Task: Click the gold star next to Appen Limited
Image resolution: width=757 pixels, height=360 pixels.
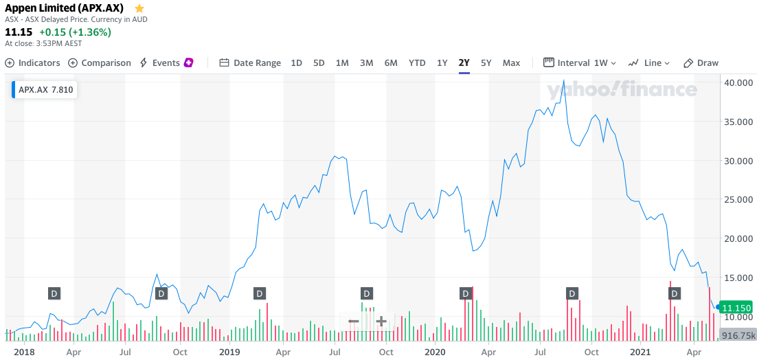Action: click(x=139, y=8)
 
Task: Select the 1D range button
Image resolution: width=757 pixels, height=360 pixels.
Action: click(x=296, y=63)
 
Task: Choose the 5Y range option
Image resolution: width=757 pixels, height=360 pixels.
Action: click(x=486, y=63)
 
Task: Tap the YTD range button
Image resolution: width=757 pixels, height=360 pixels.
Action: click(x=417, y=63)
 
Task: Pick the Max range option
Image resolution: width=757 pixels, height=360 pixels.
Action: click(x=511, y=63)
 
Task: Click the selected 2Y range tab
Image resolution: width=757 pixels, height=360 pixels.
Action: click(x=464, y=63)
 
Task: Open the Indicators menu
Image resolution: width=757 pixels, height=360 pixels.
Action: click(x=33, y=63)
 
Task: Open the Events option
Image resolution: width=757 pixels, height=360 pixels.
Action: click(x=166, y=63)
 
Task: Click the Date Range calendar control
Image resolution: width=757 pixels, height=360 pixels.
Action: click(x=250, y=63)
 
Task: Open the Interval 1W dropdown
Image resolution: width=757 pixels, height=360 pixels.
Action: click(x=580, y=63)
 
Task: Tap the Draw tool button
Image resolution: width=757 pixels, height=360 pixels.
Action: click(x=701, y=63)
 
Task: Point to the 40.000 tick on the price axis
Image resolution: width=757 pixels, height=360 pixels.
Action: click(x=736, y=82)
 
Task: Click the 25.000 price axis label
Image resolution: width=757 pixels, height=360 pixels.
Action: click(x=736, y=200)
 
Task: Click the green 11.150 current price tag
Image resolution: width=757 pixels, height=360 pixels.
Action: click(x=737, y=307)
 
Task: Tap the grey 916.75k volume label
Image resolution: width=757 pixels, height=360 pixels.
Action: click(x=737, y=335)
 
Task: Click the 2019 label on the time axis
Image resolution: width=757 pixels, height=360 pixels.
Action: click(x=229, y=352)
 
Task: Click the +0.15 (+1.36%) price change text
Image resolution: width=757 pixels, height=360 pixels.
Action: click(x=75, y=32)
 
